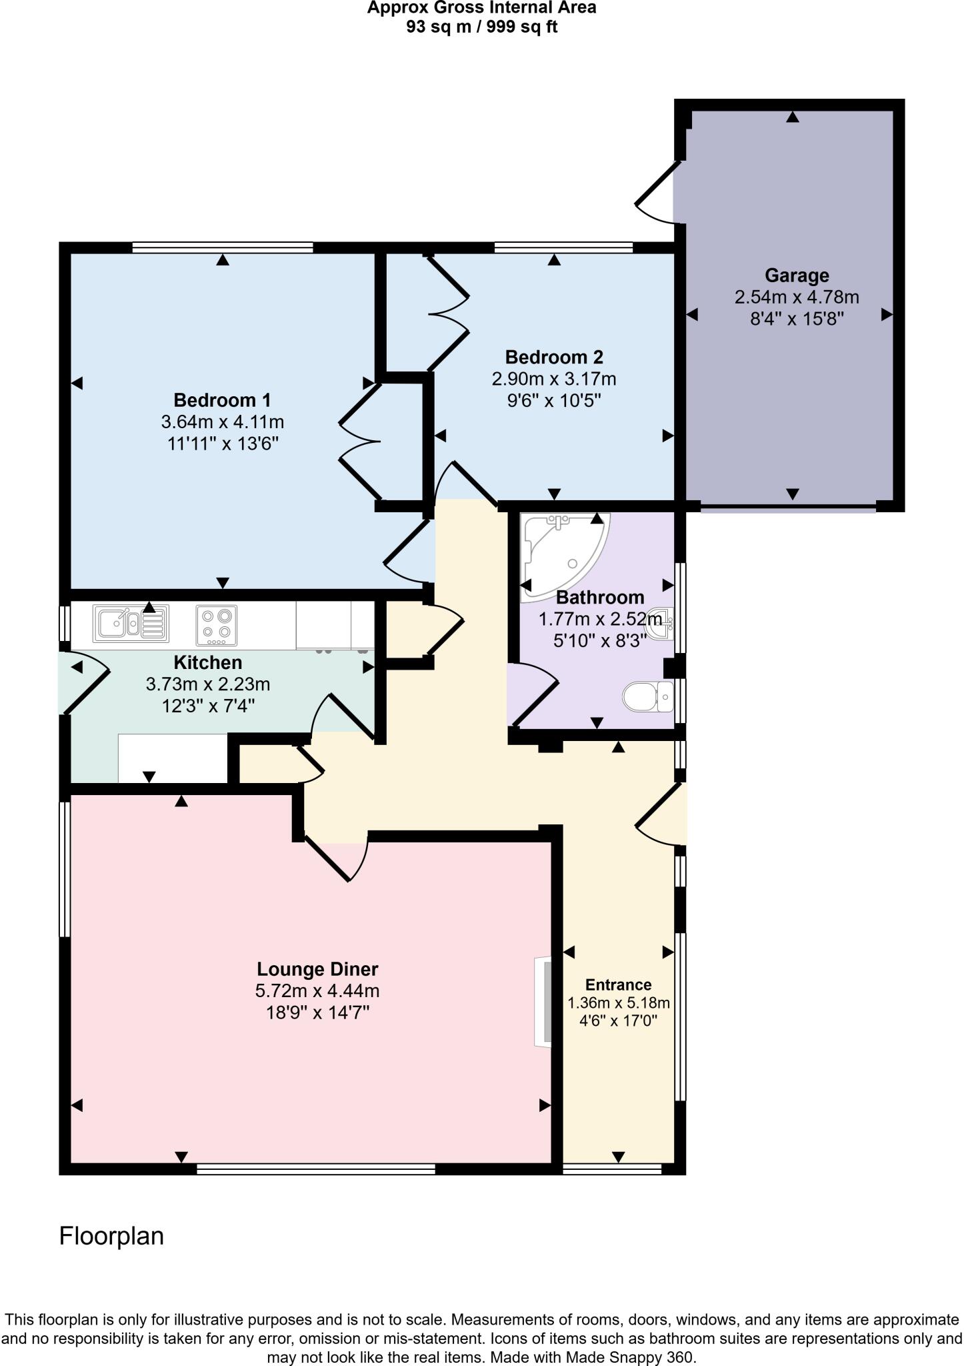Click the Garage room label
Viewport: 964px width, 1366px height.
click(x=797, y=275)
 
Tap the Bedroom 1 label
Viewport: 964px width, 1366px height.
click(x=222, y=400)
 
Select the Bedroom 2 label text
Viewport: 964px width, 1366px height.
click(x=553, y=357)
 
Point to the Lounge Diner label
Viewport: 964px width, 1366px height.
click(x=317, y=969)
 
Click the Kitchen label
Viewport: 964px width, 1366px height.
click(x=207, y=662)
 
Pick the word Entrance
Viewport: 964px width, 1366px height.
click(x=618, y=984)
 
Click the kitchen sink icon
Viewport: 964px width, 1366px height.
click(x=131, y=623)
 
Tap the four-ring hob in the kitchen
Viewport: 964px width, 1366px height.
click(x=217, y=624)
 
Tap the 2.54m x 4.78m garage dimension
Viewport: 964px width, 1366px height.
click(x=797, y=297)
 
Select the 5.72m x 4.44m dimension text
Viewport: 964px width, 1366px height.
click(x=317, y=991)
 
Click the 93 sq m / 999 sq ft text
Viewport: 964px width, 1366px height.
click(x=481, y=27)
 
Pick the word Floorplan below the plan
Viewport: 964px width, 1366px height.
click(x=111, y=1236)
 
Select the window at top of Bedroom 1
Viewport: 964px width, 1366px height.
click(x=223, y=247)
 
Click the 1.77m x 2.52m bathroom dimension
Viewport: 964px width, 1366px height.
click(x=600, y=620)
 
